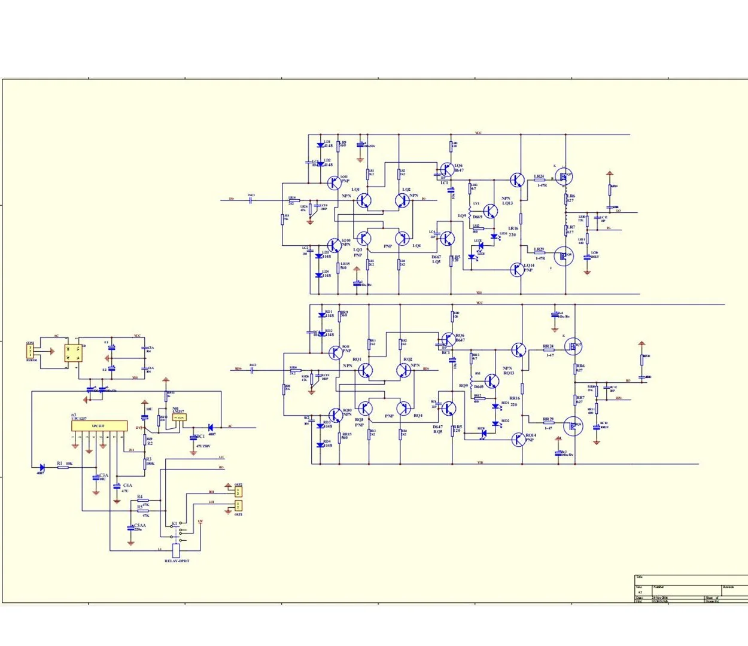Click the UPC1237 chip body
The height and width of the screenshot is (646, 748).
[x=99, y=425]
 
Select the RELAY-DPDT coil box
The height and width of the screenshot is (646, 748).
[x=176, y=550]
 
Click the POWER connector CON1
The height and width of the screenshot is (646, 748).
[x=31, y=351]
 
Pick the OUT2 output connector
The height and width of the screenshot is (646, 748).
[x=238, y=492]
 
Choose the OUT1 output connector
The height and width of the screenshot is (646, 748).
[x=238, y=505]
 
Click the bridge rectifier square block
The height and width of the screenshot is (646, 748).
[x=74, y=352]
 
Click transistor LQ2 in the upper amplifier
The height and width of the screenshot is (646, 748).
[x=403, y=200]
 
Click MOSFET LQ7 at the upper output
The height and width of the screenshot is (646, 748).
[x=562, y=176]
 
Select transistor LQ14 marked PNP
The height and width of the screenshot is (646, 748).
[x=517, y=269]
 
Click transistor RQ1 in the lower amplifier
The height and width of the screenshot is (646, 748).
[x=364, y=370]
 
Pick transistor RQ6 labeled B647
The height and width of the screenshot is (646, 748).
[x=447, y=339]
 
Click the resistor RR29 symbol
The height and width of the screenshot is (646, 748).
[x=548, y=423]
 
